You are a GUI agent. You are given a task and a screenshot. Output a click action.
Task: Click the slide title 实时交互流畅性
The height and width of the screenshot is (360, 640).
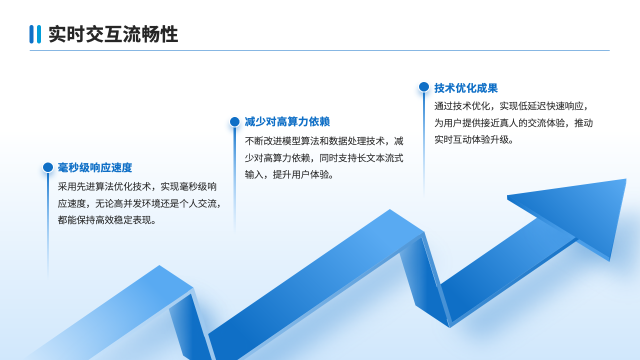coord(113,34)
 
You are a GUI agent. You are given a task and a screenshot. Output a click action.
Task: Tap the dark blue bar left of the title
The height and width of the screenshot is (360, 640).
coord(31,34)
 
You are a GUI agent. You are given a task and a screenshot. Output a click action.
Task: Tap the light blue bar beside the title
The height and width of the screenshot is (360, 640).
coord(39,34)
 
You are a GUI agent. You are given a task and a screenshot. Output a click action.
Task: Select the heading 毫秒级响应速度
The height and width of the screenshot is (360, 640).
coord(95,167)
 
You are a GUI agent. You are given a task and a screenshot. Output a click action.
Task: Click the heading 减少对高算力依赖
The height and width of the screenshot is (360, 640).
coord(287,122)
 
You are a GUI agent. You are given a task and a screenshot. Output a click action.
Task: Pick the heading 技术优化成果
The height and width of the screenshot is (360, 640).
coord(466,88)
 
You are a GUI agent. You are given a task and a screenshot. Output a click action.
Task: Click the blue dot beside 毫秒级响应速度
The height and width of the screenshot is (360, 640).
coord(48,167)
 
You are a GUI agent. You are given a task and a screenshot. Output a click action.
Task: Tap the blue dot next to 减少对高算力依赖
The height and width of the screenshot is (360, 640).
coord(234,121)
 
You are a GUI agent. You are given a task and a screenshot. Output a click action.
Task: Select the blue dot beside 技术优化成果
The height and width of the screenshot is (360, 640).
coord(424,87)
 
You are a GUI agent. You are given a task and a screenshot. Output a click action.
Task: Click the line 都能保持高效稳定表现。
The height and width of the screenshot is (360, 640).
coord(107,220)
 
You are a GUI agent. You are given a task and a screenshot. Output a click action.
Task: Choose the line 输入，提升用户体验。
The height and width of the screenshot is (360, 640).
coord(289,174)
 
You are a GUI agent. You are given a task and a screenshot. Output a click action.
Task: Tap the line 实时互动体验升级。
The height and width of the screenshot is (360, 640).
coord(474,139)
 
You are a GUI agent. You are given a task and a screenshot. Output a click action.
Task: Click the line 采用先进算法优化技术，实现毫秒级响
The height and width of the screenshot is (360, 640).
coord(137,187)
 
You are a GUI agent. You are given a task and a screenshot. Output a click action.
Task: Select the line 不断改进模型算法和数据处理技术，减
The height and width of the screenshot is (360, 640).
coord(324,141)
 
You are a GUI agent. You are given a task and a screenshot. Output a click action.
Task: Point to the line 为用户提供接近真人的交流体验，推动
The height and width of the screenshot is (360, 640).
coord(513,123)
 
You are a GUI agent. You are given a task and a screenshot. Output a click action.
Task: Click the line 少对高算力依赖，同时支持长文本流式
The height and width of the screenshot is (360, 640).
coord(324,158)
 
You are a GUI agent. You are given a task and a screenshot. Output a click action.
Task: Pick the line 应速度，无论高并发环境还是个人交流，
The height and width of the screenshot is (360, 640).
coord(140,203)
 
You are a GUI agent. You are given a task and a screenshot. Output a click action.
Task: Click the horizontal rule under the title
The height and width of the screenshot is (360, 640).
coord(319,51)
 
